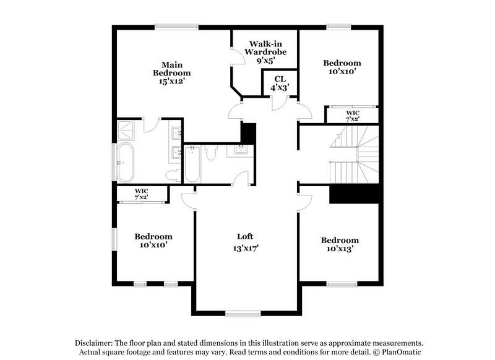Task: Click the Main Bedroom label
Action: [171, 69]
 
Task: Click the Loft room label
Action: [246, 236]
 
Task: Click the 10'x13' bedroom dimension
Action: [339, 249]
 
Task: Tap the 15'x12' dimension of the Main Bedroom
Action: [171, 81]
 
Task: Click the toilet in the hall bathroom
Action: [211, 153]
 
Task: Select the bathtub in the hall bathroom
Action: [191, 163]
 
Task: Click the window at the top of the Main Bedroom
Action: [176, 26]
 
